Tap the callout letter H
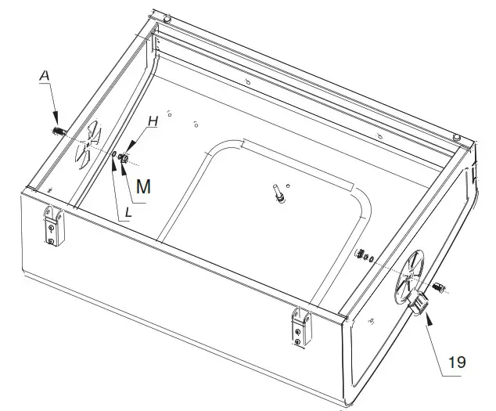coord(153,122)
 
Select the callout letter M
coord(143,186)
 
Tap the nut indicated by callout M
coord(124,159)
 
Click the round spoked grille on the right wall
coord(410,276)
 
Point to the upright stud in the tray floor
coord(279,193)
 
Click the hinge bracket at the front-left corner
coord(52,225)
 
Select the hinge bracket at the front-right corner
coord(298,325)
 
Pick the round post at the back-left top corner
coord(167,17)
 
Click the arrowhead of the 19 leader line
coord(428,319)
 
